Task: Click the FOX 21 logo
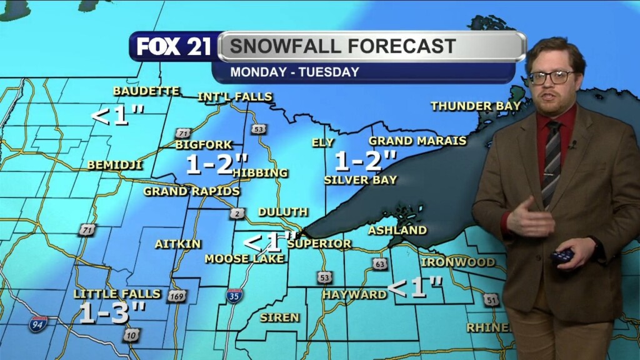(x=174, y=47)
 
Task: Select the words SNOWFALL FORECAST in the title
(x=341, y=46)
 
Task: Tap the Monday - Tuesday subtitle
(x=294, y=72)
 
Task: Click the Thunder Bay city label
(x=475, y=106)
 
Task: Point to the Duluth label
(x=282, y=212)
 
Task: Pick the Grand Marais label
(x=417, y=141)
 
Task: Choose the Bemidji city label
(x=115, y=166)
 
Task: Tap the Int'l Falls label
(x=235, y=97)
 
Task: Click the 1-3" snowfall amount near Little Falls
(x=112, y=313)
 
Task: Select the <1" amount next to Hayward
(x=415, y=288)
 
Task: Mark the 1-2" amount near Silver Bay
(x=366, y=162)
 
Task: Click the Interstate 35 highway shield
(x=234, y=296)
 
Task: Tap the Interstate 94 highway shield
(x=37, y=324)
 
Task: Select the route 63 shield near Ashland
(x=380, y=264)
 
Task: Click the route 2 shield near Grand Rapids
(x=237, y=214)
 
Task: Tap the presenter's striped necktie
(x=551, y=162)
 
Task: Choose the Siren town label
(x=279, y=317)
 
